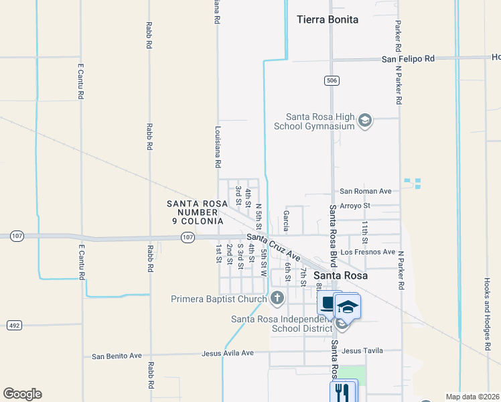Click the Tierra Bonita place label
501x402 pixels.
tap(328, 19)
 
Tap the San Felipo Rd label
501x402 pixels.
tap(409, 59)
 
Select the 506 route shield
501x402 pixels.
tap(332, 81)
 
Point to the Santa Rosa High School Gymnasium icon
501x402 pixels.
tap(365, 121)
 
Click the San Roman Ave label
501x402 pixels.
tap(366, 191)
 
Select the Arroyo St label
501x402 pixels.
tap(355, 205)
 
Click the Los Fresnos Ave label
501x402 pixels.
tap(368, 252)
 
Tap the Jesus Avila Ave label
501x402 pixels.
tap(228, 352)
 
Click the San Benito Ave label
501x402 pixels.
tap(117, 356)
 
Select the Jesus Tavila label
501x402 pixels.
tap(362, 350)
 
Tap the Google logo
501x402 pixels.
tap(22, 393)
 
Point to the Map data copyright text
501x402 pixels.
tap(472, 397)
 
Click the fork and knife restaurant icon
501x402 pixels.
tap(343, 390)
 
